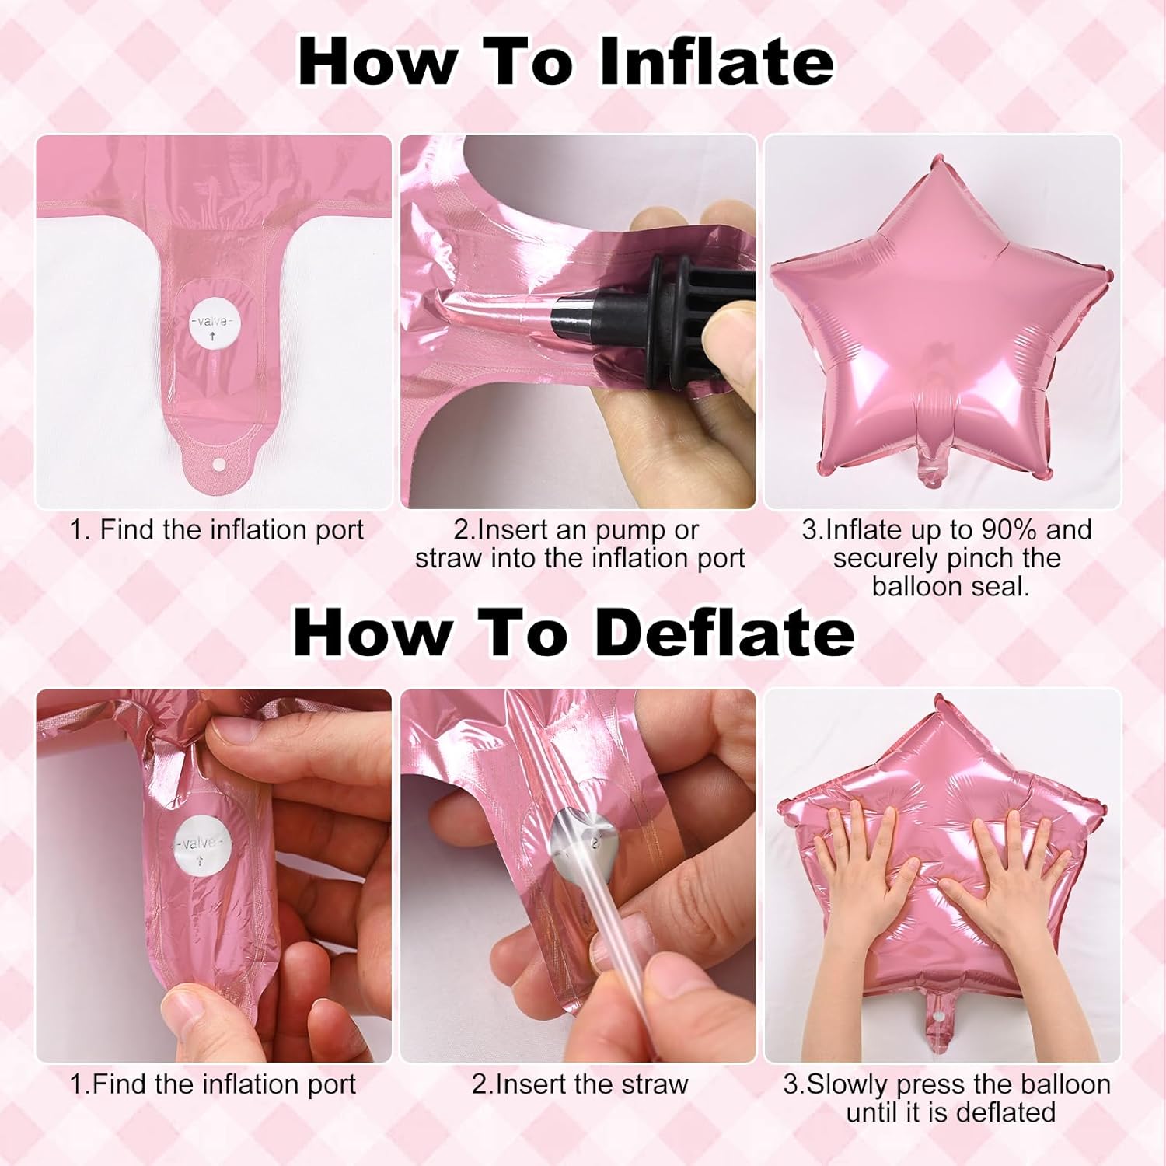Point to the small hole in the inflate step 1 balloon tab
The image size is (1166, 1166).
(218, 465)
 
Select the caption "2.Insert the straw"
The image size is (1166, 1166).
(580, 1084)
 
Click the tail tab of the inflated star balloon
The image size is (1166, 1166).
(930, 463)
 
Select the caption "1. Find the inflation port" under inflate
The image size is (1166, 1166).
(217, 530)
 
